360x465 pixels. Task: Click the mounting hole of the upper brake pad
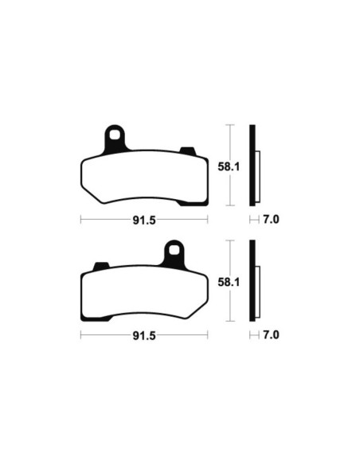coord(116,135)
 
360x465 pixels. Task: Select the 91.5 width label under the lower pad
coord(144,337)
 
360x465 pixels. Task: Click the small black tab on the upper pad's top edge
coord(189,151)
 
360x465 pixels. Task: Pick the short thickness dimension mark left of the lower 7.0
coord(254,337)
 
